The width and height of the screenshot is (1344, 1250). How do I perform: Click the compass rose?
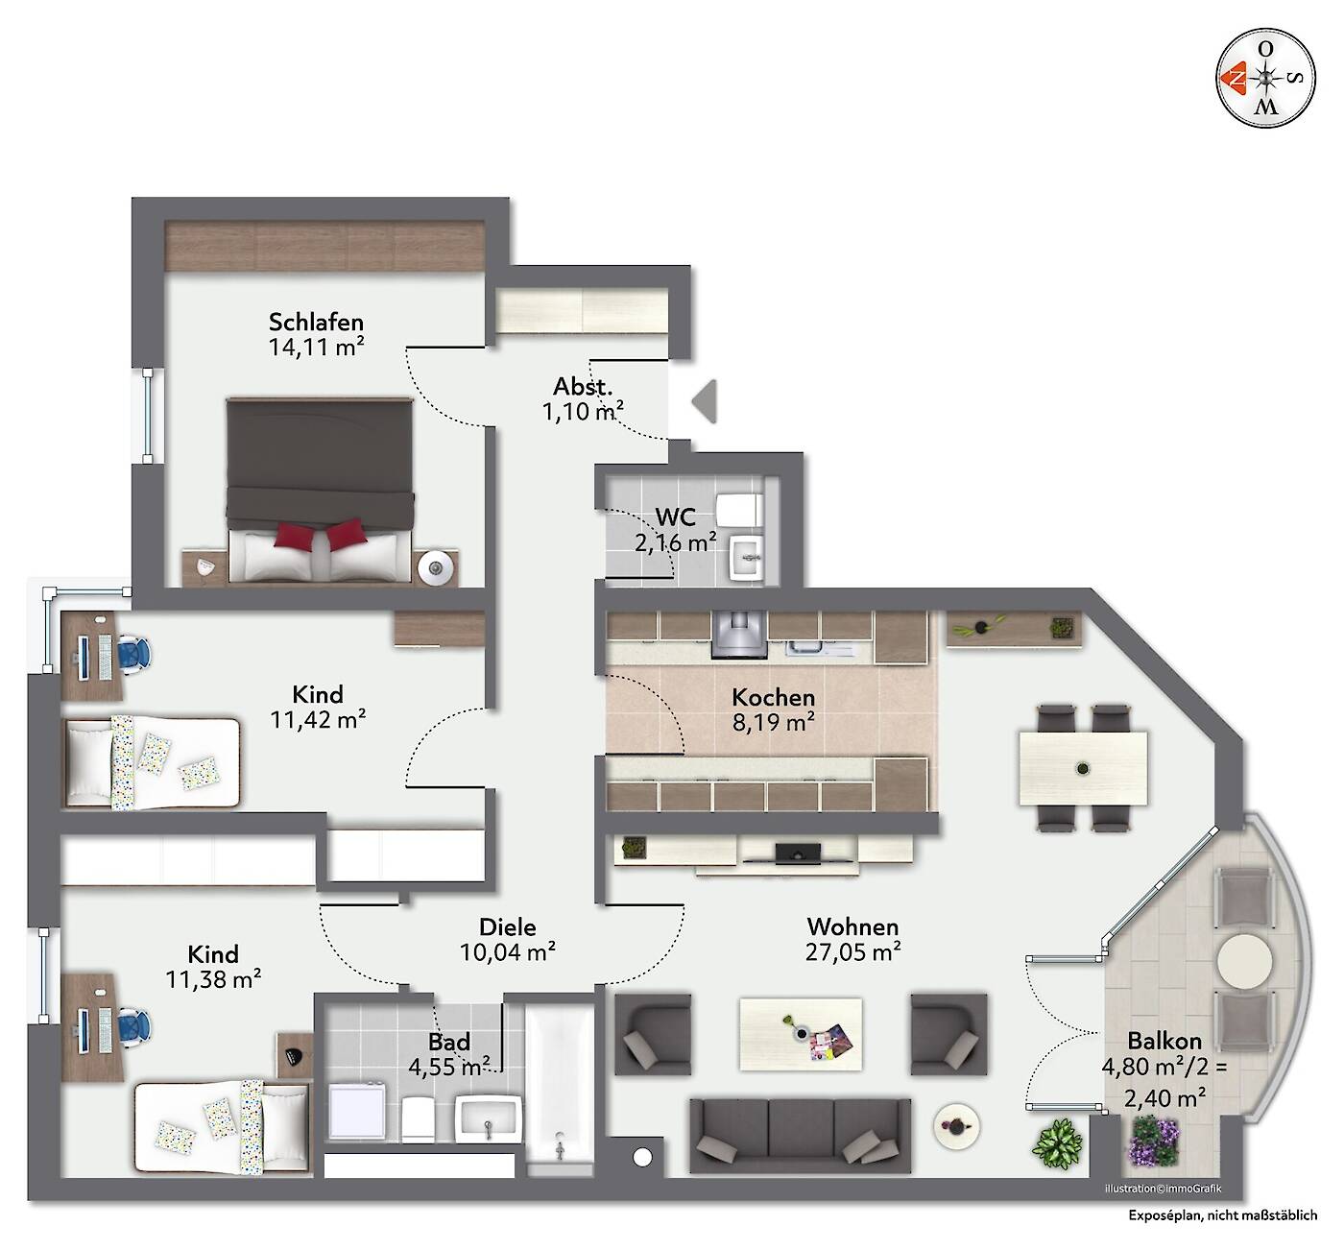coord(1265,79)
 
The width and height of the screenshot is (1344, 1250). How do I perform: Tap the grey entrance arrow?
coord(705,401)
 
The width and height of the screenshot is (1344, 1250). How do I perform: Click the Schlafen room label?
coord(316,322)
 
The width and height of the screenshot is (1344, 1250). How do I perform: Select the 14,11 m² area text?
coord(316,348)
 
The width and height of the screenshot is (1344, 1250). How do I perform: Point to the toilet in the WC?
coord(739,509)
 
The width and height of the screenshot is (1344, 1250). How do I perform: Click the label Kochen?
coord(773,697)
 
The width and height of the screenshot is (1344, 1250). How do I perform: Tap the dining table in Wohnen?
coord(1083,768)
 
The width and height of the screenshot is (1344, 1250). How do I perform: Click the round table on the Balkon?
coord(1244,962)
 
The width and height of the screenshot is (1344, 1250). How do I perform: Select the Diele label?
coord(508,927)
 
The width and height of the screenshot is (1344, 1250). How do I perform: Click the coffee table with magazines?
coord(801,1034)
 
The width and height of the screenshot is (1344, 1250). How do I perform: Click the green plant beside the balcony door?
coord(1057,1143)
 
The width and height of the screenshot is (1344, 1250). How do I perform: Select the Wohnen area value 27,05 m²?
coord(852,952)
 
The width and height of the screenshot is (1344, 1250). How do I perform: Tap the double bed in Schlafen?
coord(320,490)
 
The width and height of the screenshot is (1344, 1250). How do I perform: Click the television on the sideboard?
coord(797,853)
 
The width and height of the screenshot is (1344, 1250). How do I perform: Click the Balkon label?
coord(1164,1041)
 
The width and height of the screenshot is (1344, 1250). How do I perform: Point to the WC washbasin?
coord(746,559)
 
